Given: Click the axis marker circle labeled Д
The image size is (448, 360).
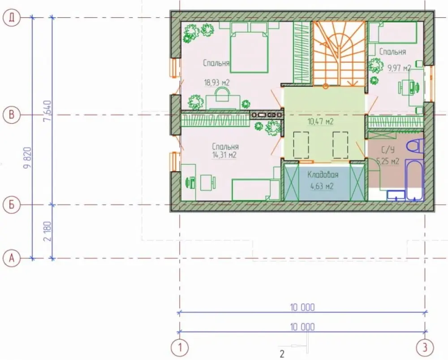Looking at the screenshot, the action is pos(12,18).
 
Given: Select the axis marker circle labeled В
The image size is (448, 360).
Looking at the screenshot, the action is pos(12,115).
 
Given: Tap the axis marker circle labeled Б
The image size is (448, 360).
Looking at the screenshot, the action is pos(12,205).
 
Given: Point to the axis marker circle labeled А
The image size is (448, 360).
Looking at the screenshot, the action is pos(12,259).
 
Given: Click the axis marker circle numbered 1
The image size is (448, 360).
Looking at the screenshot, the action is pos(180,348).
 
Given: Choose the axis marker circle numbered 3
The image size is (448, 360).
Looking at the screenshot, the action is pos(425,348).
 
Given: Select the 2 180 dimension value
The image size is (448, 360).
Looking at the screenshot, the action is pos(48,231).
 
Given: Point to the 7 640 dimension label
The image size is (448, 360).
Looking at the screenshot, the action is pos(48,111).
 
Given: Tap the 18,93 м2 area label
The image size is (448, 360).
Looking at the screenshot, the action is pos(216,83).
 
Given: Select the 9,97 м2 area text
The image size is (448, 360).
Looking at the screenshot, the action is pos(399,68).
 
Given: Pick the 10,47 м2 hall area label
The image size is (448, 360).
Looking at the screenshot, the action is pos(321,122).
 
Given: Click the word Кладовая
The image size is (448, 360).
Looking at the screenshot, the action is pos(323,175).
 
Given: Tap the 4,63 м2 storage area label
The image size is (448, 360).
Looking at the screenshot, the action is pos(322,187).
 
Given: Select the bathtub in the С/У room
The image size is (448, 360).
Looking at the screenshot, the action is pos(415,180).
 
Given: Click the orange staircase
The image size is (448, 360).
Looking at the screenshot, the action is pos(339,53).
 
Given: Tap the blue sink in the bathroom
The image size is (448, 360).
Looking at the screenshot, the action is pos(396,195).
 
